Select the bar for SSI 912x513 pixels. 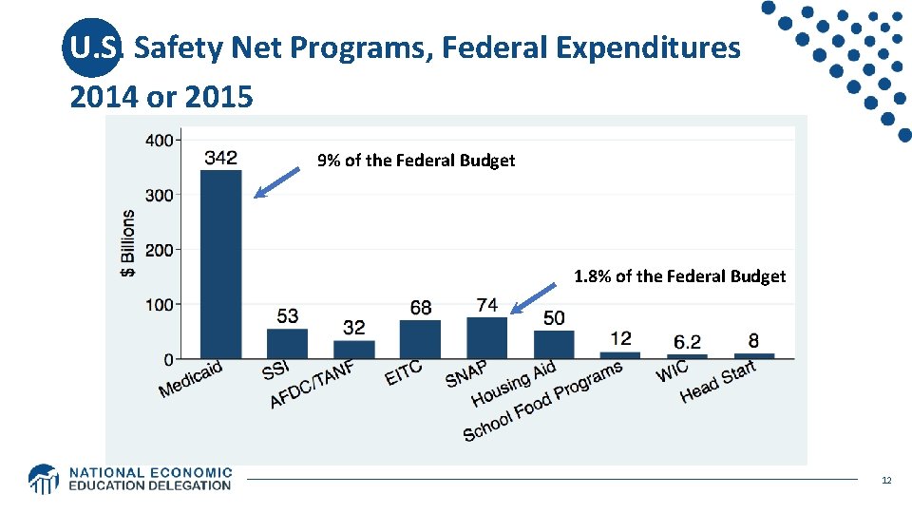coord(287,344)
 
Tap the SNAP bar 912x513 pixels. coord(486,338)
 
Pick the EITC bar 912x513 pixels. coord(420,339)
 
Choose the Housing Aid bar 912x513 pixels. coord(553,345)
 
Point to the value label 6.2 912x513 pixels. coord(687,342)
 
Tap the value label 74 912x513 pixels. coord(486,305)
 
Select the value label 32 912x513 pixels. coord(353,328)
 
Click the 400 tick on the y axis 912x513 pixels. coord(160,141)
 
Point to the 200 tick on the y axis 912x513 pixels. coord(160,250)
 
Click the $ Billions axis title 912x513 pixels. coord(127,243)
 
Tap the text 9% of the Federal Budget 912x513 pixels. coord(416,161)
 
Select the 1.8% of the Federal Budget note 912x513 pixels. coord(679,276)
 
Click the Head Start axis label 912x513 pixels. coord(718,382)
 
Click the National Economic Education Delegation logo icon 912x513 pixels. coord(44,479)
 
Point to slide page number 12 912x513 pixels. coord(885,481)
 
